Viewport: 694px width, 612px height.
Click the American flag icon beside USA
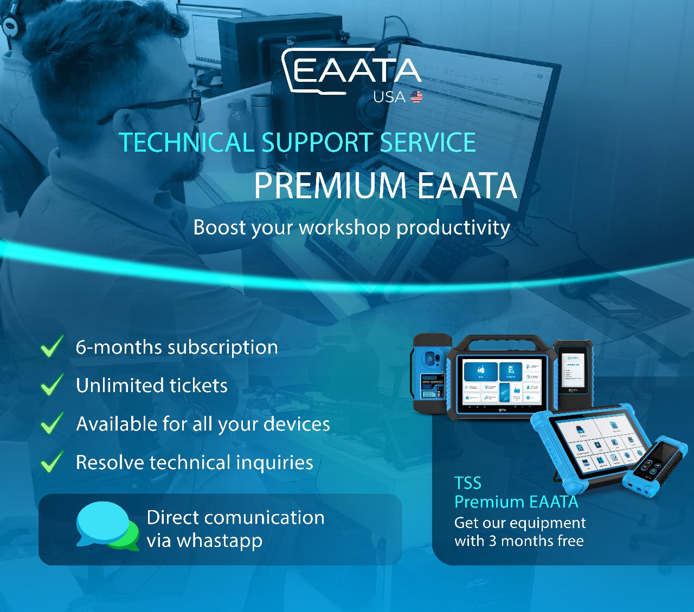point(416,97)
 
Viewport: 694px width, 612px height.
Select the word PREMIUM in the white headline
point(330,185)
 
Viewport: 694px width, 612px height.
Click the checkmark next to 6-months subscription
point(52,346)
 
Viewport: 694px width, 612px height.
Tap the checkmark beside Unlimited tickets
point(52,385)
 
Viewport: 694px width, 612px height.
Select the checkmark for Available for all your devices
point(52,423)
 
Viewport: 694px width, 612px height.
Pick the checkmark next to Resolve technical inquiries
point(52,461)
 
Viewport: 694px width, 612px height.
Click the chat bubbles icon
point(107,526)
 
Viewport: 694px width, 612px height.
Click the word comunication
point(265,517)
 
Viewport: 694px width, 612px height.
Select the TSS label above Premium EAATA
point(467,483)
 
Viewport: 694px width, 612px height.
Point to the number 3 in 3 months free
point(493,541)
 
